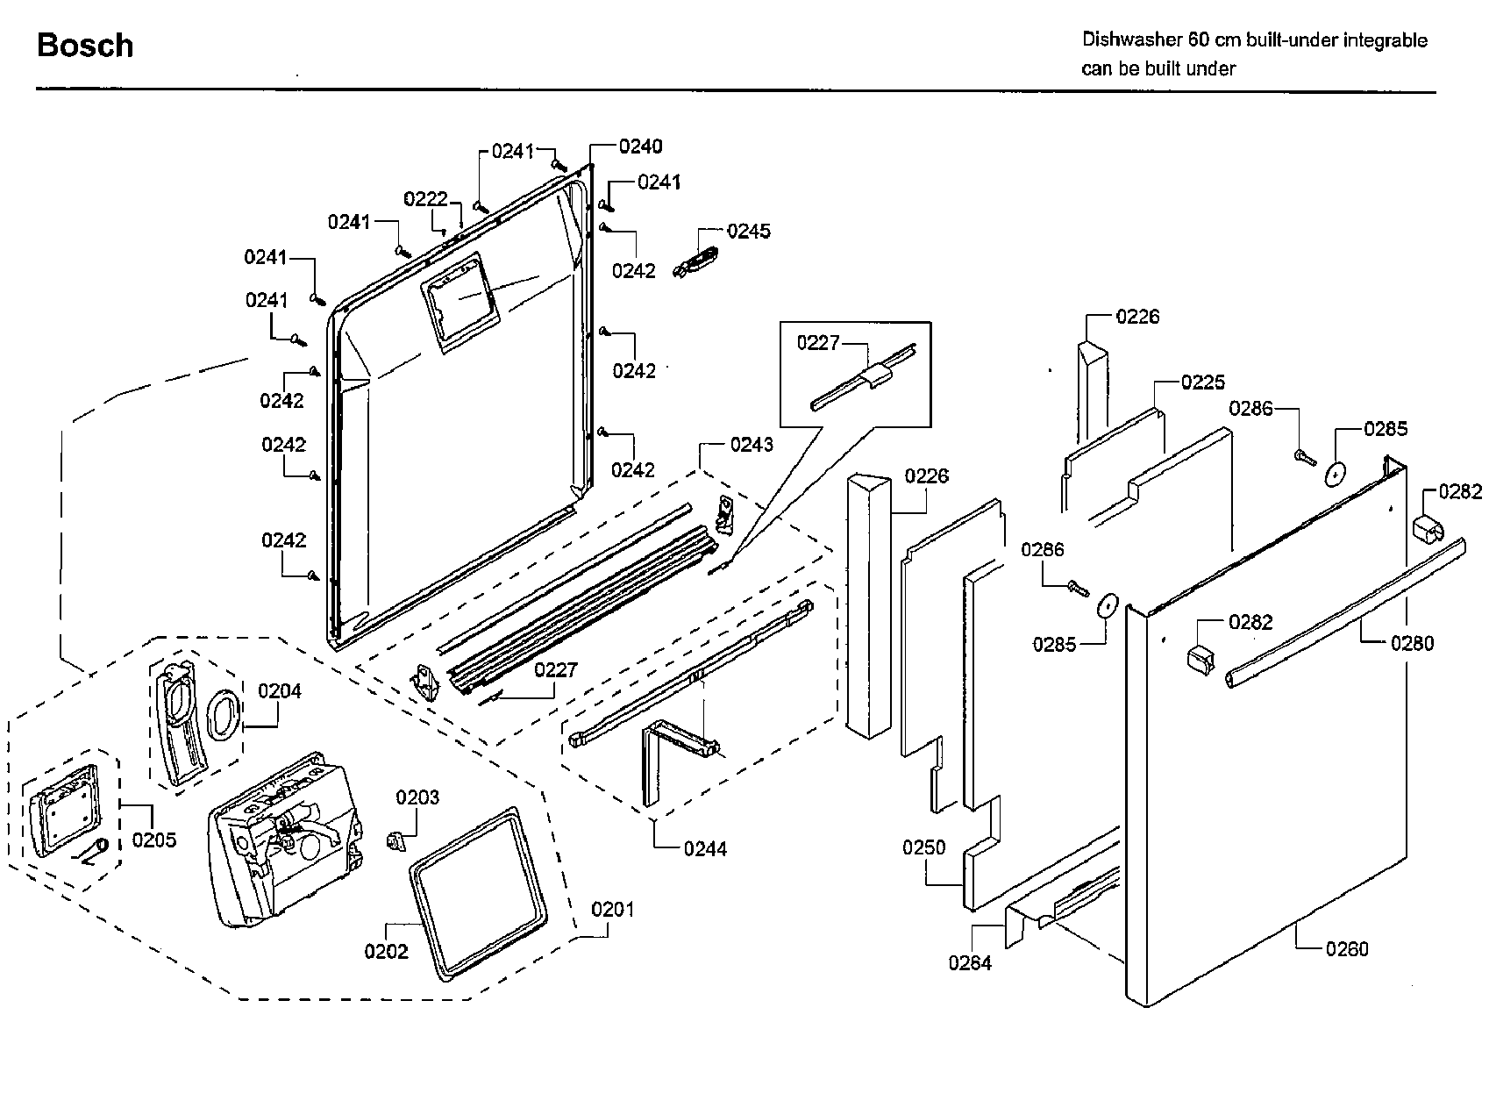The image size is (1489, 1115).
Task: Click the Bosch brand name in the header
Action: pos(85,46)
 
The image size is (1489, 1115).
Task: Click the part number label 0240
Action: pos(640,147)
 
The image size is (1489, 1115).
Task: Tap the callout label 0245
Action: pos(749,232)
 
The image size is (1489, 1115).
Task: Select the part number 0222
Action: pos(425,200)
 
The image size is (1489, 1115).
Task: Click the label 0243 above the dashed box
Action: pos(752,445)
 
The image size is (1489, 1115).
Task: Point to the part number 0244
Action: pos(705,848)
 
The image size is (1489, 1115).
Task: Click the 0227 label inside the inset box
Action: pos(818,343)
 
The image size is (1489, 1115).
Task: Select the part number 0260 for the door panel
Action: pos(1347,948)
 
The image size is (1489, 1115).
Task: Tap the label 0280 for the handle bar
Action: pos(1412,644)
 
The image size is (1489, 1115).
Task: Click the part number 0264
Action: pos(970,963)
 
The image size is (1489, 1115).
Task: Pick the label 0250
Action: pos(924,847)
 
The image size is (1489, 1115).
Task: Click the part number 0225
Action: pos(1203,382)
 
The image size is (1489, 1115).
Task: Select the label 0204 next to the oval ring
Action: pos(280,691)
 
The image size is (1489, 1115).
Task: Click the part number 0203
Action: pos(417,797)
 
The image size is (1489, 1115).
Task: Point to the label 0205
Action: pos(154,840)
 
